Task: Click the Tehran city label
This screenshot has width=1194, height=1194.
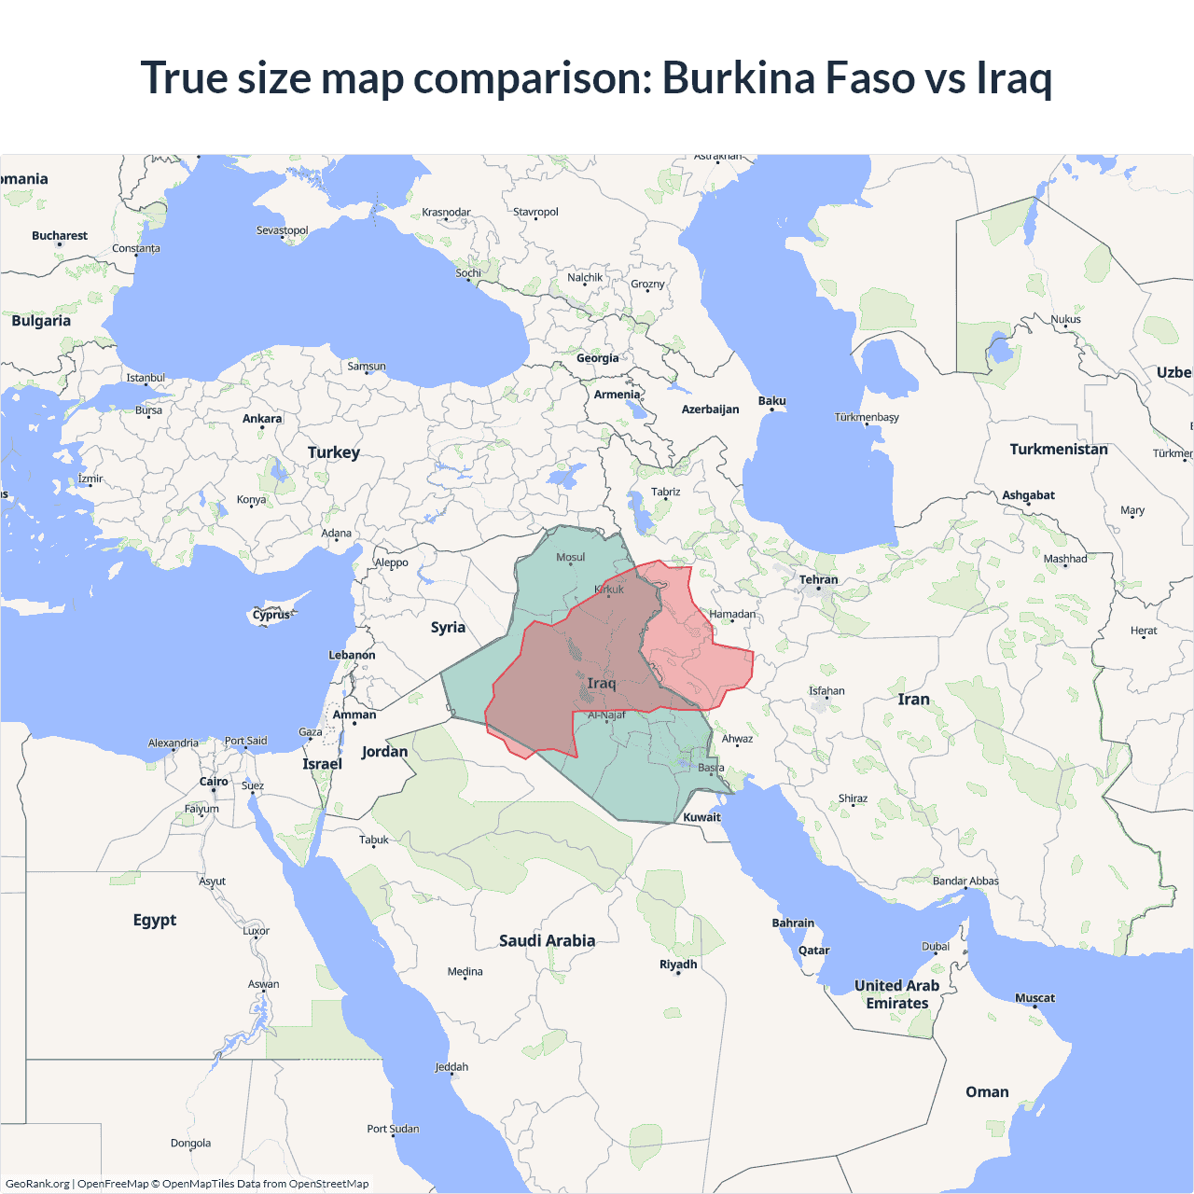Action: click(x=818, y=579)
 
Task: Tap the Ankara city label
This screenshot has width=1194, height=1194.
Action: click(x=262, y=419)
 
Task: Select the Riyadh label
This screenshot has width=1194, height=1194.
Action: click(x=678, y=965)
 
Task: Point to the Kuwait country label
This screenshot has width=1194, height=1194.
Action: click(x=701, y=817)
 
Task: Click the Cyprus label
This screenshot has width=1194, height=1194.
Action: click(x=271, y=615)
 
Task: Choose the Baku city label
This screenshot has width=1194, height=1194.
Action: click(x=771, y=401)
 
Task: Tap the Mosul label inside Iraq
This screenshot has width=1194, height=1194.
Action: click(x=570, y=557)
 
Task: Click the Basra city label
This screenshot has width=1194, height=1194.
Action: click(x=711, y=768)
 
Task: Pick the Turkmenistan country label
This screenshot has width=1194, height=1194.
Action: click(x=1059, y=449)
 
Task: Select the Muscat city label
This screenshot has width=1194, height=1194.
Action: click(x=1034, y=998)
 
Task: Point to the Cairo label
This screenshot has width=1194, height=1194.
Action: click(x=214, y=782)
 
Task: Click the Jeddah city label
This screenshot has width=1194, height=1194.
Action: click(x=451, y=1067)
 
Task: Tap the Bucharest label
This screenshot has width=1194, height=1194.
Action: click(x=60, y=236)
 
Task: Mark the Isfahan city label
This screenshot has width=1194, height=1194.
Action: click(x=826, y=691)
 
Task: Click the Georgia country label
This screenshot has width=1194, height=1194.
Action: click(x=597, y=358)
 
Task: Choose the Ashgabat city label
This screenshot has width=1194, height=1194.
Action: click(x=1028, y=495)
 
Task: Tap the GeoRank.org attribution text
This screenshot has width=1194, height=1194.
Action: click(x=37, y=1184)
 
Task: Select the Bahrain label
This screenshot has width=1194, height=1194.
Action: click(x=793, y=923)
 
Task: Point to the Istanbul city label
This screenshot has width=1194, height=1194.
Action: click(x=146, y=378)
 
